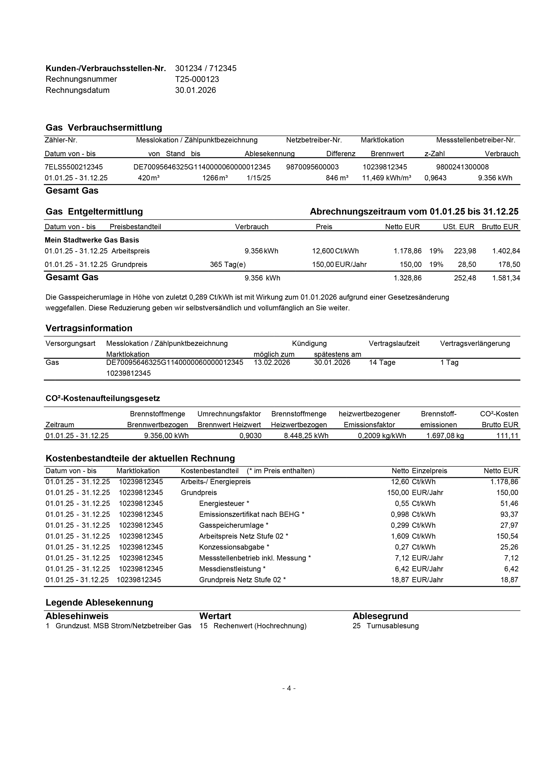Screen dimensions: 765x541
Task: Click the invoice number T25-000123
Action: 197,79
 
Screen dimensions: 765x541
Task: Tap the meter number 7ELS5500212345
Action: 74,167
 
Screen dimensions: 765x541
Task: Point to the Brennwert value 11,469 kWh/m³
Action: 386,178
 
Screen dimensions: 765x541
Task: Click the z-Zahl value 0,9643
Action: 435,178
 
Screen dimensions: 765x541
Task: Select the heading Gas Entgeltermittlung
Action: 94,212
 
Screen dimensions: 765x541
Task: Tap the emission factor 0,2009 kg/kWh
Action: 382,435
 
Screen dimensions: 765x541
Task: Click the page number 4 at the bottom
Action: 289,688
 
